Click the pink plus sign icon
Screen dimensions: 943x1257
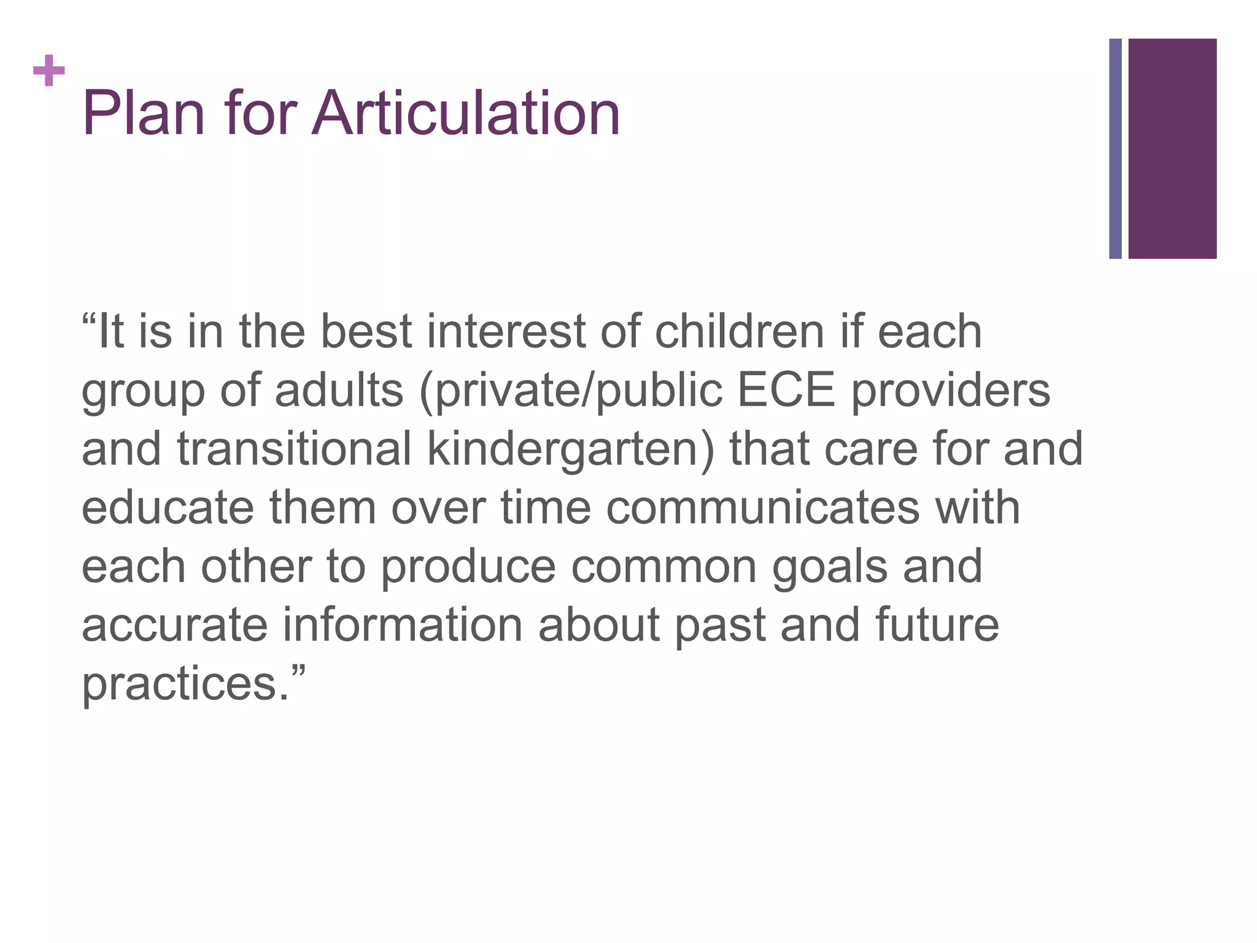[49, 71]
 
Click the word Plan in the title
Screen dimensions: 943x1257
[143, 114]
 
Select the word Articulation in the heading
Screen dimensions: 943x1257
[466, 114]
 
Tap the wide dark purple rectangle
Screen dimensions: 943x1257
[1172, 149]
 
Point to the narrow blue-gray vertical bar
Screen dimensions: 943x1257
[1115, 149]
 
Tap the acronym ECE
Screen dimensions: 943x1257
[786, 390]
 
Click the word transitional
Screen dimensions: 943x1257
[295, 449]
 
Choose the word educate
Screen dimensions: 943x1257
[168, 508]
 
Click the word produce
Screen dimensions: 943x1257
[468, 567]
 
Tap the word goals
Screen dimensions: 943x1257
[829, 567]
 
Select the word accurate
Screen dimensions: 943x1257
[174, 625]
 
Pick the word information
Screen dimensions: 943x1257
[403, 625]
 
